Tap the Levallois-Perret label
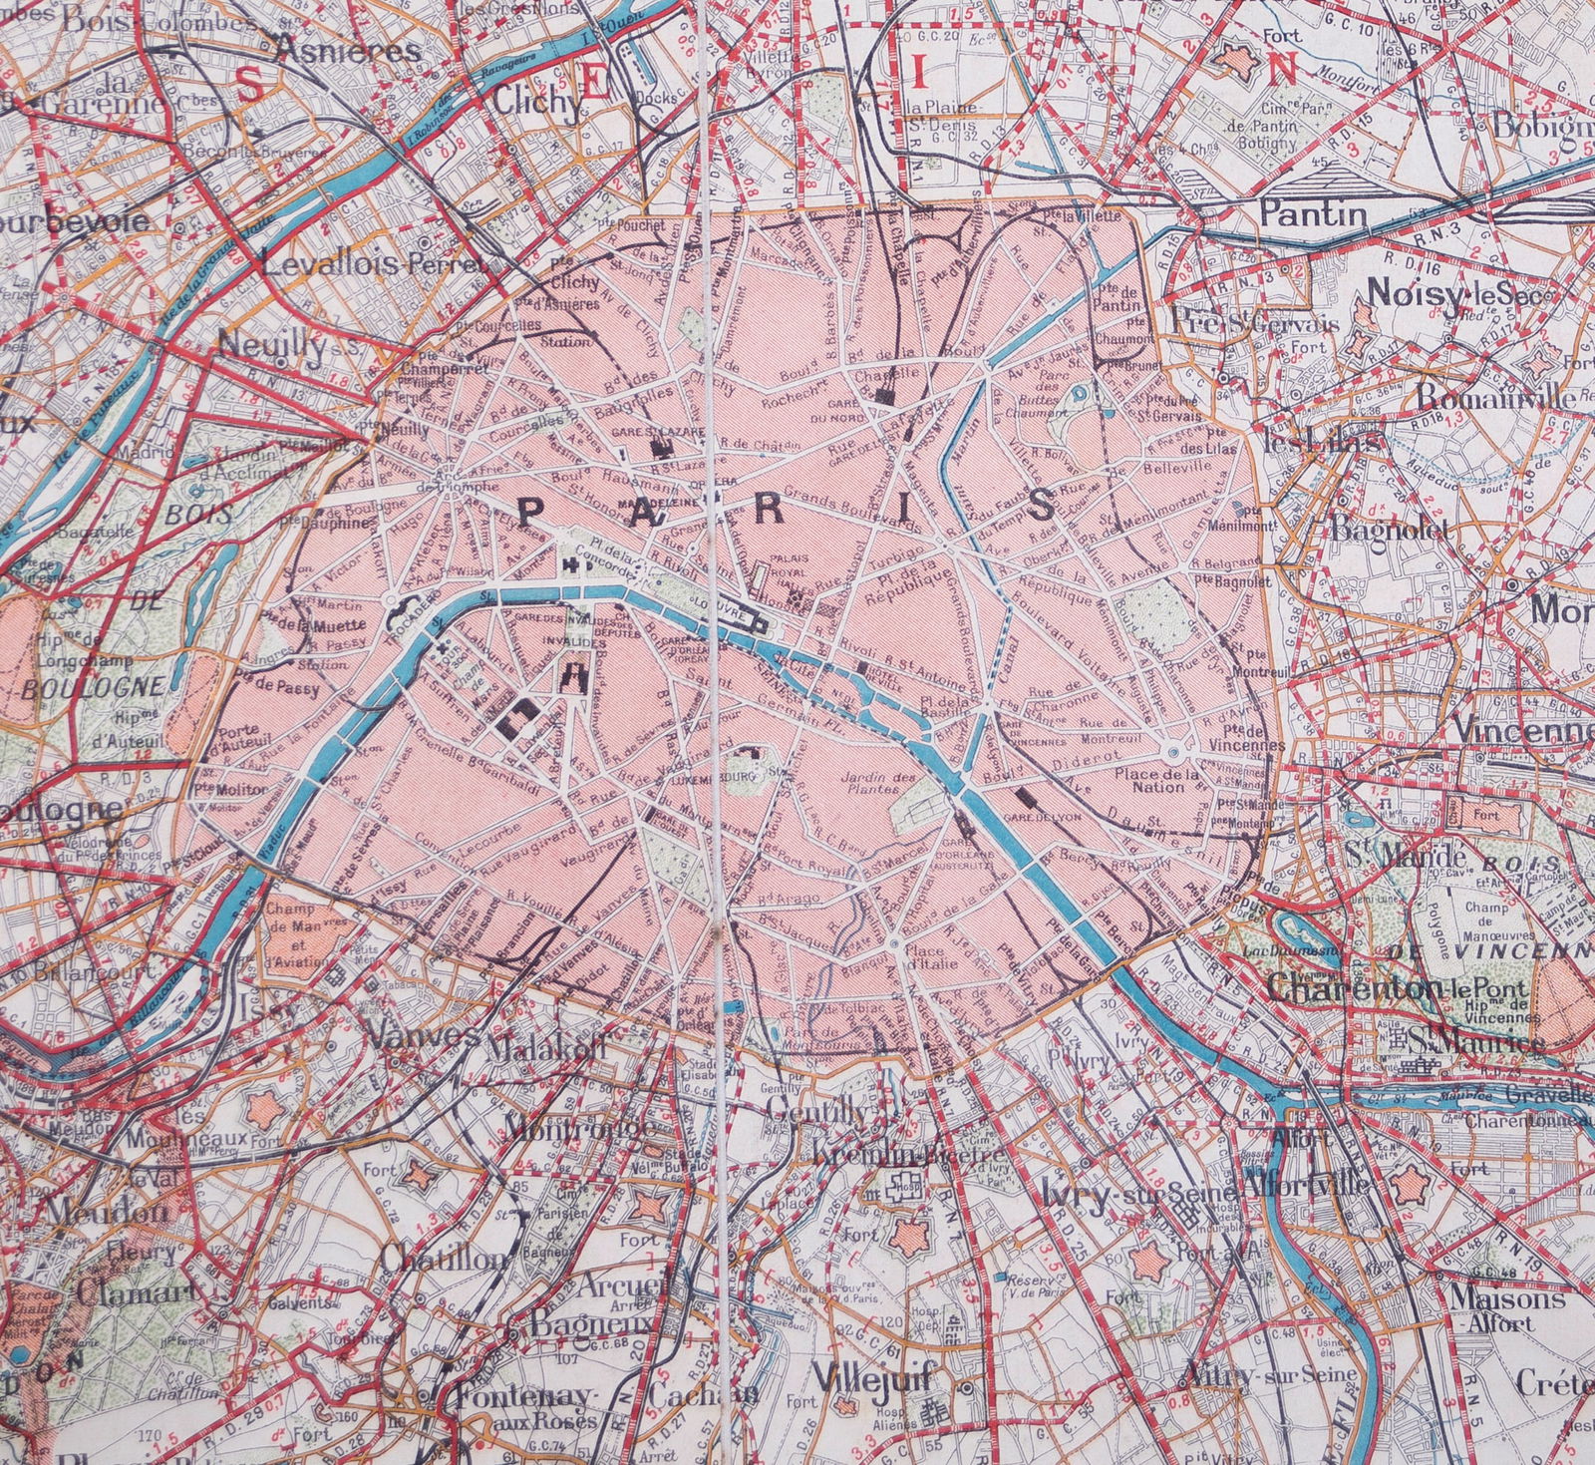375,265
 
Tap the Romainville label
1495,396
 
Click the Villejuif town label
871,1378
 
